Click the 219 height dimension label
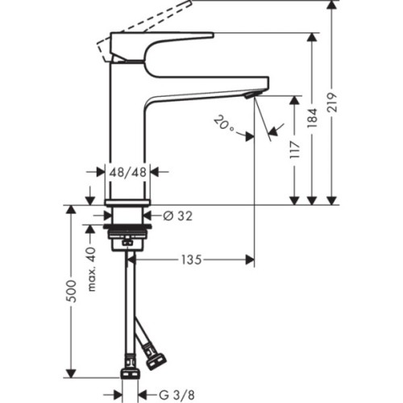tap(343, 102)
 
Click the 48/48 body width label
tap(129, 171)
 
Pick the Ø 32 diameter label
tap(176, 215)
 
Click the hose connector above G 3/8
tap(129, 370)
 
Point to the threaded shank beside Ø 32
tap(129, 218)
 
